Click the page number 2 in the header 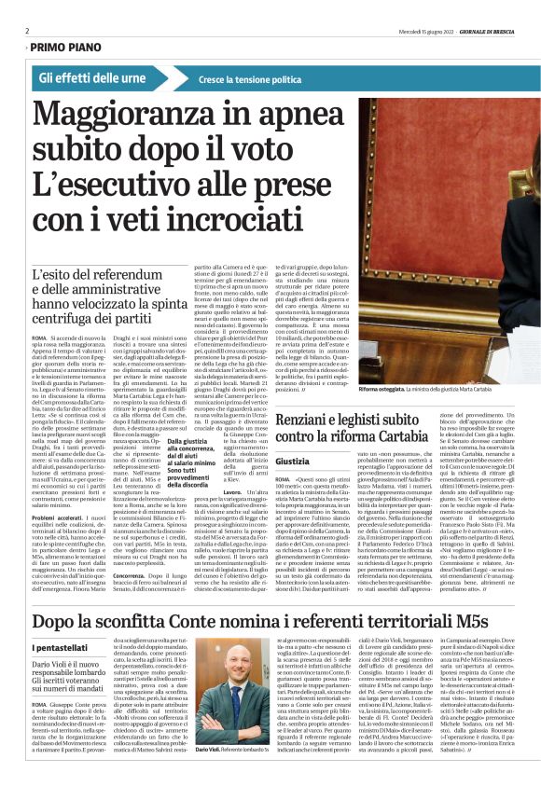(26, 30)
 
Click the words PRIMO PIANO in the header (66, 46)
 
